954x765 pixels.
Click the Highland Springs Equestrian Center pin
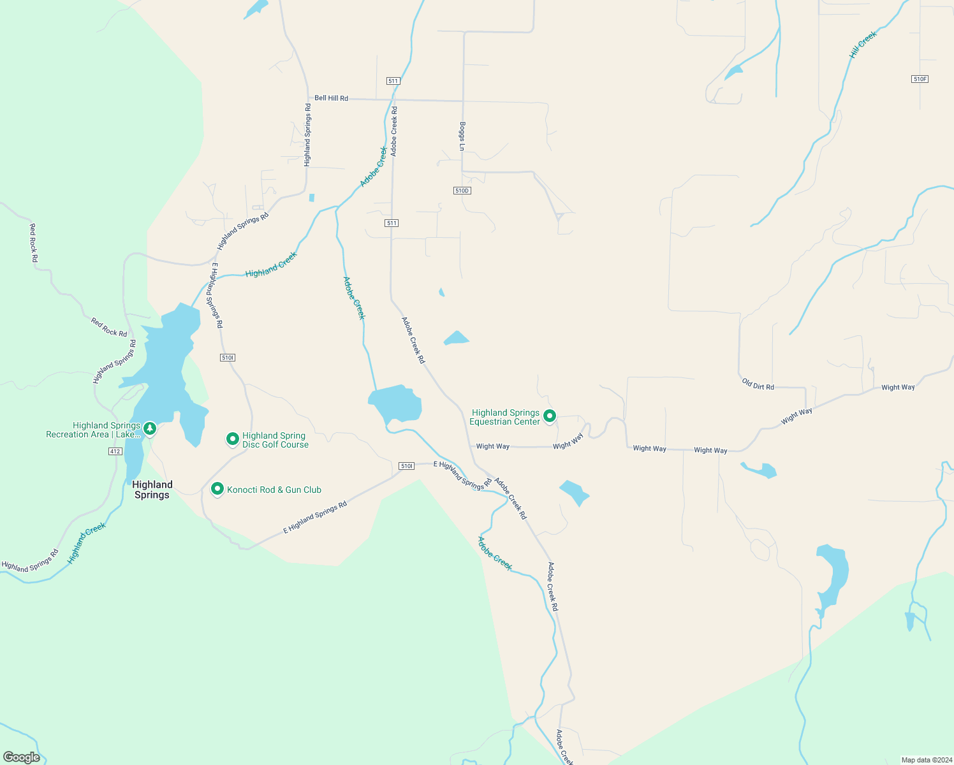549,416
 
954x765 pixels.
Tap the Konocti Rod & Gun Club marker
217,489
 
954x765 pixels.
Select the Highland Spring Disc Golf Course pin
233,439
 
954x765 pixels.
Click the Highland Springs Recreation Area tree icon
150,428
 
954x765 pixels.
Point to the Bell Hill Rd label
331,98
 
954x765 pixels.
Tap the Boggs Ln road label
462,136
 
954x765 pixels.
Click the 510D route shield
462,191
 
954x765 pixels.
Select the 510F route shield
920,79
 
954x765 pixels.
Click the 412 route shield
115,451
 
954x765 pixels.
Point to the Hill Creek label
863,45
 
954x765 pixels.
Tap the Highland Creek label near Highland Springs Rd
271,265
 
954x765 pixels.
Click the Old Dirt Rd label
758,384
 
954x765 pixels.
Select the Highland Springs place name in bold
152,490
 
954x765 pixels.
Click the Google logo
22,757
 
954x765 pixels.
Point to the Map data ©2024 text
924,760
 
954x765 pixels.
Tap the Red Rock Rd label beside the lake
109,328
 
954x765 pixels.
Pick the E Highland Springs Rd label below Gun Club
315,517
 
